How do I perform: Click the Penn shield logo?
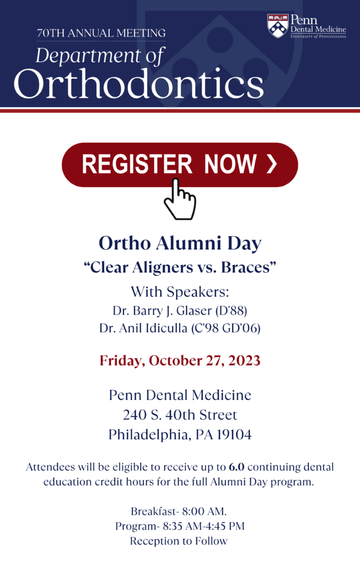pos(277,25)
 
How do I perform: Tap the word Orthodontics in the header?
pos(138,83)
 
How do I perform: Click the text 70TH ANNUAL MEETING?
pos(101,33)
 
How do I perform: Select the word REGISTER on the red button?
pos(137,164)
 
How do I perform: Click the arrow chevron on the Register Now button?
pos(272,164)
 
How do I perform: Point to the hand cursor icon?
pos(179,199)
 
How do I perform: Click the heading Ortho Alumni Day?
pos(180,244)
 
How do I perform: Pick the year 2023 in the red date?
pos(244,360)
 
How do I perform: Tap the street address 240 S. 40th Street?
pos(180,415)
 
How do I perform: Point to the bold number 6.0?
pos(236,467)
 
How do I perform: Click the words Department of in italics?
pos(100,56)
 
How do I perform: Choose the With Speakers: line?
pos(180,292)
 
